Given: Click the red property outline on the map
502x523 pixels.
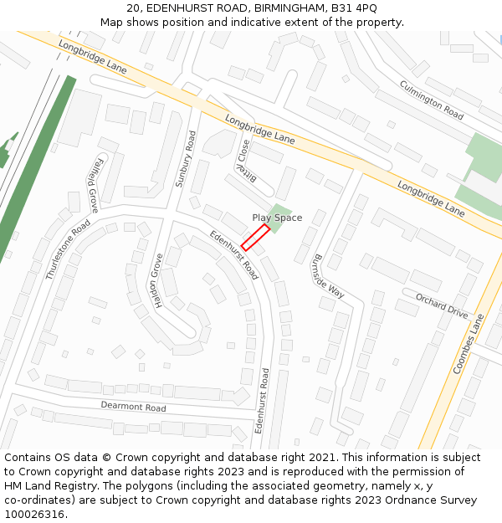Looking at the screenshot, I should click(255, 238).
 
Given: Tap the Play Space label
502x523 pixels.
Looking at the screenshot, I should click(277, 218).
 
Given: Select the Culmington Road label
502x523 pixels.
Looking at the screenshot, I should click(431, 100).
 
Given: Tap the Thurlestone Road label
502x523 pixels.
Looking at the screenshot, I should click(69, 249).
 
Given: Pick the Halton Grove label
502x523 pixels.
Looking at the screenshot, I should click(157, 280).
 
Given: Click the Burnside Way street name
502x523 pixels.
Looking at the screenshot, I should click(328, 275).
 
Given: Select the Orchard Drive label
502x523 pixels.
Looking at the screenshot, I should click(442, 305).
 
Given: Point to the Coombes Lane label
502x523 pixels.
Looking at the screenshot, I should click(469, 344).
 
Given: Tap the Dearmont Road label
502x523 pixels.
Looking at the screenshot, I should click(133, 407).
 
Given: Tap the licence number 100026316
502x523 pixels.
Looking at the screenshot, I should click(35, 515).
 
